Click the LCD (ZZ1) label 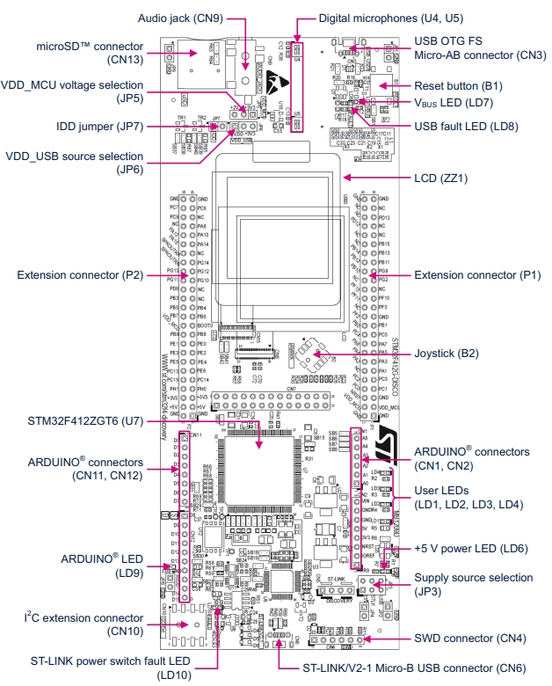tap(439, 178)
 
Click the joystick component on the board tap(311, 355)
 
